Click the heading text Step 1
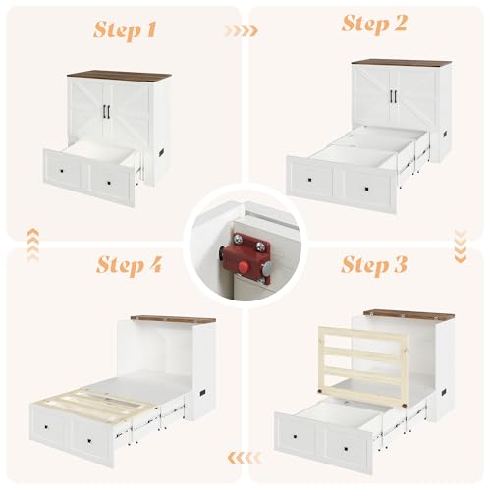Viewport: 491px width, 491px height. click(x=125, y=29)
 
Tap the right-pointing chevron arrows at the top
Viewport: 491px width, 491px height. click(x=241, y=30)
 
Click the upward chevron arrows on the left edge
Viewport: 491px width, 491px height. click(x=32, y=238)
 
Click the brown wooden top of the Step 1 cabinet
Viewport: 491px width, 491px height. click(x=118, y=74)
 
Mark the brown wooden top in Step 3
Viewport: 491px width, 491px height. click(x=410, y=314)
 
